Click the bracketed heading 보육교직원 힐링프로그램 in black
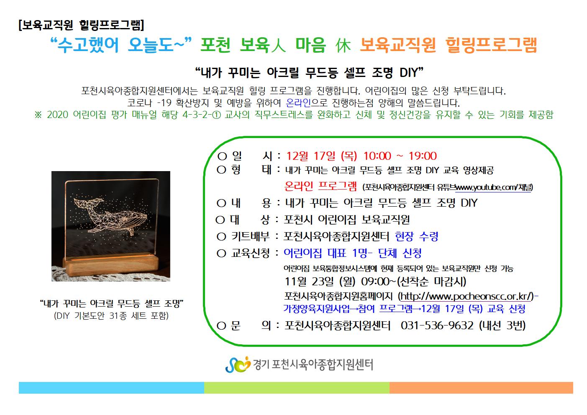click(82, 26)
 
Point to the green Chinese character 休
click(343, 45)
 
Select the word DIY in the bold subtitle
click(409, 72)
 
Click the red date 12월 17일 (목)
click(322, 156)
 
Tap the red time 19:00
click(423, 156)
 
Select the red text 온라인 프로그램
click(320, 186)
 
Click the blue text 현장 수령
click(417, 236)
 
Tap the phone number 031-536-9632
click(437, 325)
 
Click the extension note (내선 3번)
click(502, 325)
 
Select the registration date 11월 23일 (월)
click(320, 282)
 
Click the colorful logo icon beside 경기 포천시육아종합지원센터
click(238, 364)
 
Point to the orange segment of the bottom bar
click(481, 388)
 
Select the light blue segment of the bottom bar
click(111, 388)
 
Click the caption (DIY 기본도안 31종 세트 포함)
click(111, 316)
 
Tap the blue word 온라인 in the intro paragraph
click(298, 102)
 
